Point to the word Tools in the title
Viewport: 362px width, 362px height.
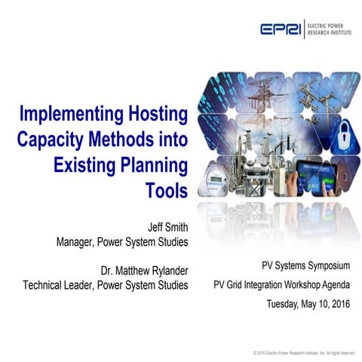166,189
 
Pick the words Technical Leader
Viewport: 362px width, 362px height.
61,284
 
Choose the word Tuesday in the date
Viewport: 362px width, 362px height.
284,304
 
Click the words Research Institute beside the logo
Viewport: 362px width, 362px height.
332,33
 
